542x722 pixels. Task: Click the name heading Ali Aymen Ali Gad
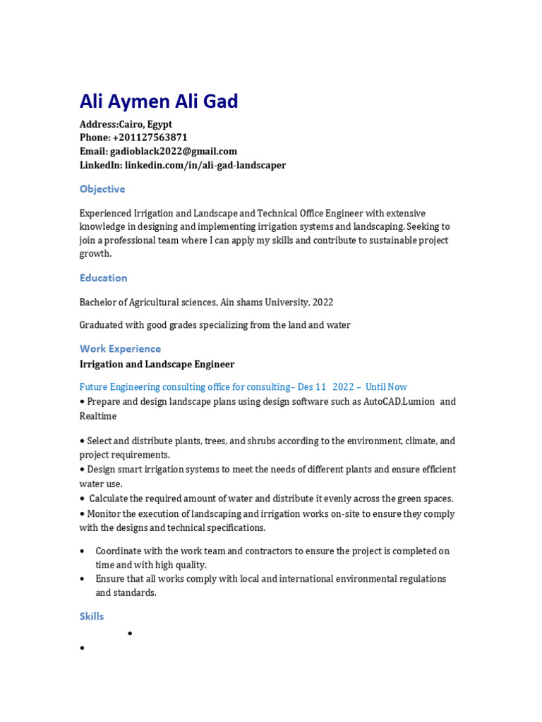pos(159,102)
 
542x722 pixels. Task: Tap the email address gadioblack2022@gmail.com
pos(174,152)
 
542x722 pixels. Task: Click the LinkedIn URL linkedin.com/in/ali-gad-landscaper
pos(205,165)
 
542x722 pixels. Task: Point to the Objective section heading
pos(102,189)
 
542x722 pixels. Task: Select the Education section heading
pos(104,278)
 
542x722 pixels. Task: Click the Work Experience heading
pos(120,348)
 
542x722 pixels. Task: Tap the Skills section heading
pos(92,616)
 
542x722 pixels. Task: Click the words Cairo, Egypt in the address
pos(145,124)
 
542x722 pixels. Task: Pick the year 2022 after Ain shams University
pos(323,302)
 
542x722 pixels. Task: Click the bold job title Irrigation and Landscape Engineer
pos(157,365)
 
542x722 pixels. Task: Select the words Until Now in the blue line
pos(386,387)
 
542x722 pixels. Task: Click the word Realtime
pos(99,417)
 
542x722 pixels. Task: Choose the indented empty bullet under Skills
pos(131,634)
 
